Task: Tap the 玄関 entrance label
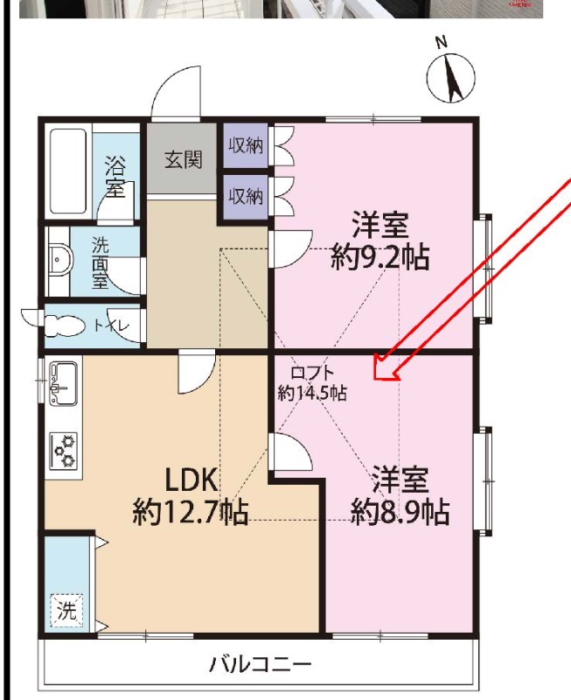(184, 160)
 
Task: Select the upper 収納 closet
(246, 145)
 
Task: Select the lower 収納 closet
(246, 196)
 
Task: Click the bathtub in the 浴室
(68, 171)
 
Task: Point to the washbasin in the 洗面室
(59, 259)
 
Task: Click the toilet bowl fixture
(65, 325)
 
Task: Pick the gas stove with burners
(63, 451)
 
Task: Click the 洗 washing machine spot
(66, 610)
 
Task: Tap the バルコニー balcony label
(261, 664)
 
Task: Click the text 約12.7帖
(191, 512)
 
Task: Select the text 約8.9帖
(400, 512)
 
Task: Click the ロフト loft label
(312, 373)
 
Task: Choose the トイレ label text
(111, 325)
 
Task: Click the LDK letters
(191, 479)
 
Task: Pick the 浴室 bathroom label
(115, 177)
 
